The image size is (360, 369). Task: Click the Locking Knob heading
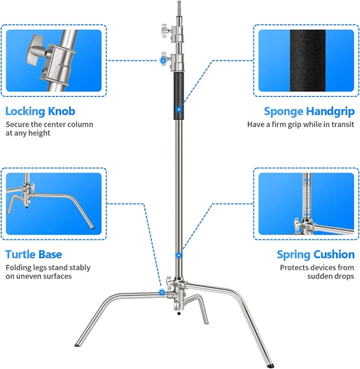(x=40, y=111)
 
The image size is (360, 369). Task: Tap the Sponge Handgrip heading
(x=309, y=111)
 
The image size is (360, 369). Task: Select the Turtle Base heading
(x=34, y=254)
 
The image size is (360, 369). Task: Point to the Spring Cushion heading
(x=316, y=254)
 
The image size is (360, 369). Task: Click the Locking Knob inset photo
(x=53, y=60)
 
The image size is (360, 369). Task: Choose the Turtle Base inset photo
(x=53, y=203)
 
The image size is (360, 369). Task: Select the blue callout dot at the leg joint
(x=162, y=292)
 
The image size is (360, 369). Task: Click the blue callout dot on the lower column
(x=179, y=255)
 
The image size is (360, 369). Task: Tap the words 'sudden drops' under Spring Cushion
(x=331, y=276)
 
